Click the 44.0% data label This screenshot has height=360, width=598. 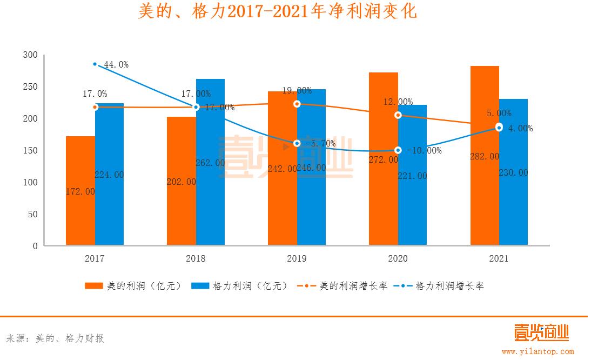coord(116,65)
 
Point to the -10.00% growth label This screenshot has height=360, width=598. coord(424,151)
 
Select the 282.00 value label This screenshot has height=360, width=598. coord(485,156)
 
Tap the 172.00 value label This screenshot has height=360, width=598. coord(80,191)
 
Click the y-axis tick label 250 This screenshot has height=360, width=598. coord(31,87)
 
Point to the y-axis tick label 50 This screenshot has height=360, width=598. coord(33,214)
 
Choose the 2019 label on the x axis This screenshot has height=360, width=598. coord(297,259)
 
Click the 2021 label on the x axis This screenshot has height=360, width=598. coord(499,259)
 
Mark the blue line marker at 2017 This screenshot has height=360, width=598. coord(95,64)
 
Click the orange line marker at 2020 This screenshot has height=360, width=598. coord(398,115)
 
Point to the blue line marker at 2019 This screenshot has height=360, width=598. coord(297,143)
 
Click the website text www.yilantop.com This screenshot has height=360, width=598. coord(537,351)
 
